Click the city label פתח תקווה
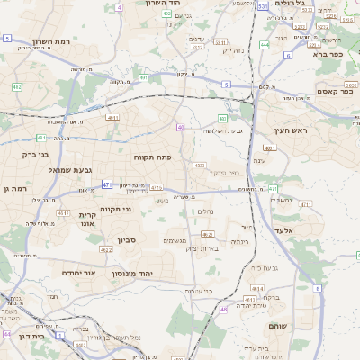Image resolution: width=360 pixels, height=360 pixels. click(x=133, y=157)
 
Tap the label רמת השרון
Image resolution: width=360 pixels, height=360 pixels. click(x=52, y=41)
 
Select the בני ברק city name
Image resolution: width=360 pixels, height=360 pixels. click(x=23, y=154)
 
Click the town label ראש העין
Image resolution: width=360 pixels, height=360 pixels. click(x=292, y=130)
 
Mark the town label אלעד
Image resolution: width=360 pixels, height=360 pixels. click(x=309, y=230)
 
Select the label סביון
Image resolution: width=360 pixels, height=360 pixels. click(x=125, y=240)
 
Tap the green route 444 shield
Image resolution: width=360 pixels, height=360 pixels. click(x=265, y=43)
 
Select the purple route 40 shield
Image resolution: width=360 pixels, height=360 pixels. click(x=181, y=127)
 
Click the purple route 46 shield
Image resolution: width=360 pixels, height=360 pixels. click(x=224, y=310)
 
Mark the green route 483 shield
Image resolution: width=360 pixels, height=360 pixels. click(x=221, y=118)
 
